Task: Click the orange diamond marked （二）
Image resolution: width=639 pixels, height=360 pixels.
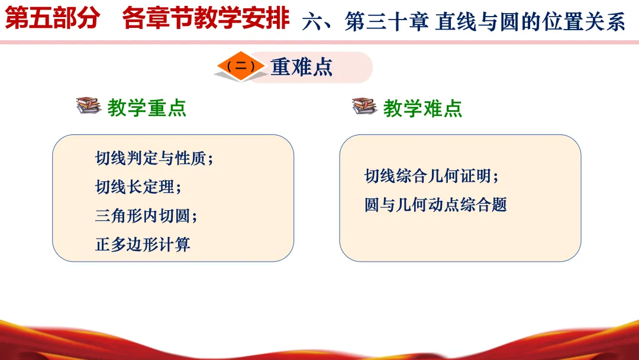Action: (x=241, y=66)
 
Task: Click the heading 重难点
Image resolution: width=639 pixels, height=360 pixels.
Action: (x=302, y=67)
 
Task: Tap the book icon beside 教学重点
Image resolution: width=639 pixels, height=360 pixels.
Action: (x=88, y=105)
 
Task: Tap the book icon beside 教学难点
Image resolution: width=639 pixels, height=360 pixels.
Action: (x=364, y=106)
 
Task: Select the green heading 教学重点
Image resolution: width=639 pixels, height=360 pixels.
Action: (x=147, y=108)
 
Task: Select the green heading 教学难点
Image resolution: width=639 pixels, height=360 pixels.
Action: (x=422, y=108)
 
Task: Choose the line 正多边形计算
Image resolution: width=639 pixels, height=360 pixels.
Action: (x=143, y=245)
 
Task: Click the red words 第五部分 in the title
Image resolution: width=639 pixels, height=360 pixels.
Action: (x=52, y=18)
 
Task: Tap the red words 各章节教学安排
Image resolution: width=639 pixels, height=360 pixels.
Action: (x=206, y=18)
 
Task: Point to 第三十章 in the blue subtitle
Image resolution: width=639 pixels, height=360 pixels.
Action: (x=386, y=21)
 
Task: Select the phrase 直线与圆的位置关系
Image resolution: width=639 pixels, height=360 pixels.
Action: (x=530, y=21)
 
